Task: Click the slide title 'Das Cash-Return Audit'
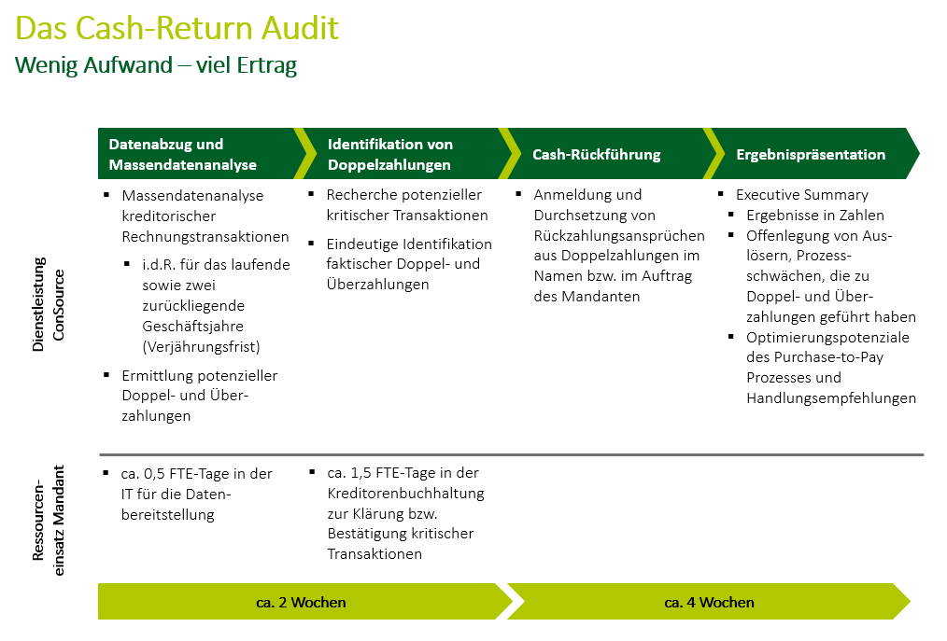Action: pos(177,28)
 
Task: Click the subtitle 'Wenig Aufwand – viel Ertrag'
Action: pos(155,66)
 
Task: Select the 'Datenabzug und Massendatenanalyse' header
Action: pos(182,155)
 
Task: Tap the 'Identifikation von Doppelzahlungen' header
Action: pos(389,155)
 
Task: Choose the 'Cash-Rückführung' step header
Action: pos(596,155)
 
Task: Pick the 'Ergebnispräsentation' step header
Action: pos(811,155)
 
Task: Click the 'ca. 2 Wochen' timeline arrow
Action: pos(301,602)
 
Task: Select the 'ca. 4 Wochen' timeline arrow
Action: pos(709,602)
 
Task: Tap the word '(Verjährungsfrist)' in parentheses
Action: pos(202,347)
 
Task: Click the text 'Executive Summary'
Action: pos(802,195)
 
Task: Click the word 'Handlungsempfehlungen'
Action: pos(831,398)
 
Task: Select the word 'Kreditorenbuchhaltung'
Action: pos(405,494)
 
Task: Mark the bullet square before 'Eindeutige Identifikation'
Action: pos(313,244)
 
